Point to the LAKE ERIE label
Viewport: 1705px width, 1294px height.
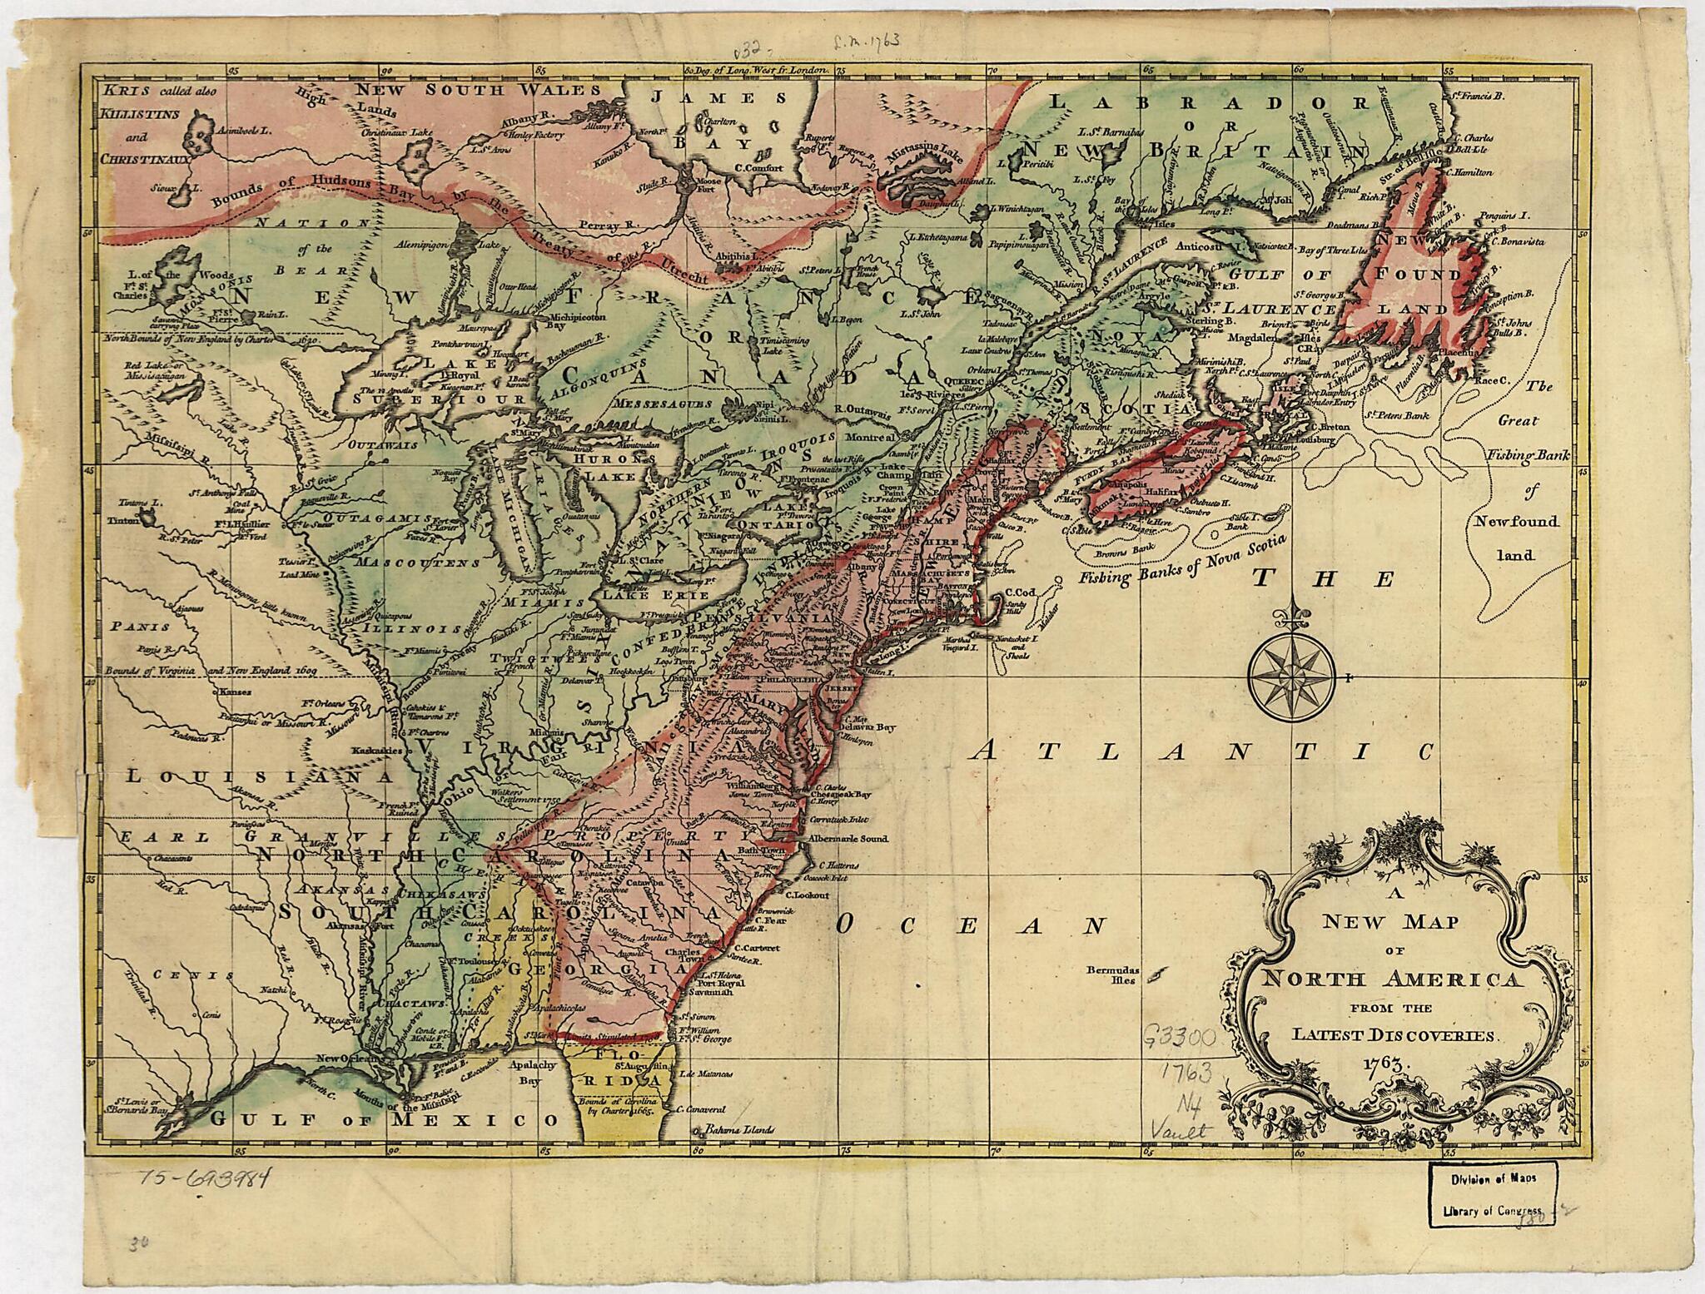pos(644,596)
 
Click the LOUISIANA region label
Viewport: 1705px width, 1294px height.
pos(257,776)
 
